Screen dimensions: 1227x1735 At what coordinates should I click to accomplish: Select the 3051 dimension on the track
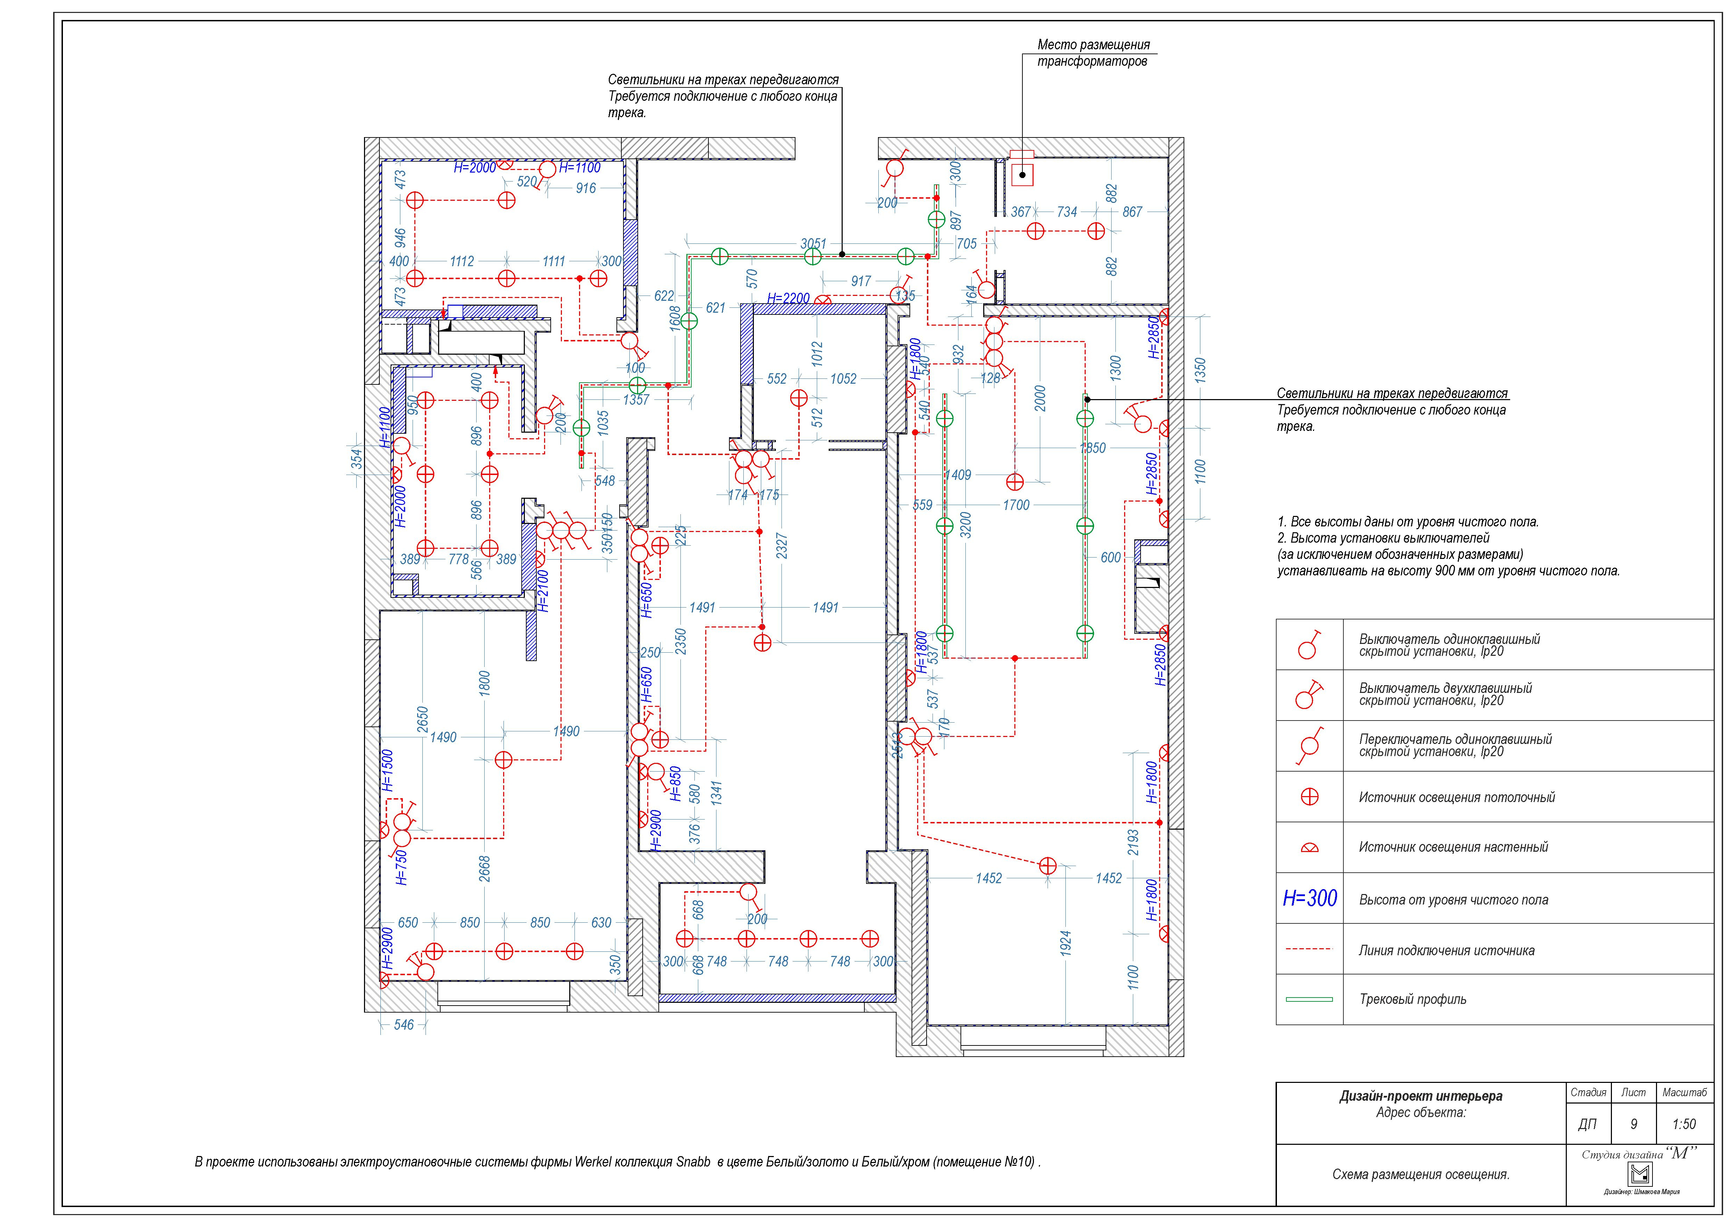coord(813,243)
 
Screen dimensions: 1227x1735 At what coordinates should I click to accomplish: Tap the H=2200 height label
coord(788,299)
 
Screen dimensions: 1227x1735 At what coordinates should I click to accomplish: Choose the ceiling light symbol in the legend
coord(1309,797)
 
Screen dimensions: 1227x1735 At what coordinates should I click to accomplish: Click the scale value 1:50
coord(1684,1124)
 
